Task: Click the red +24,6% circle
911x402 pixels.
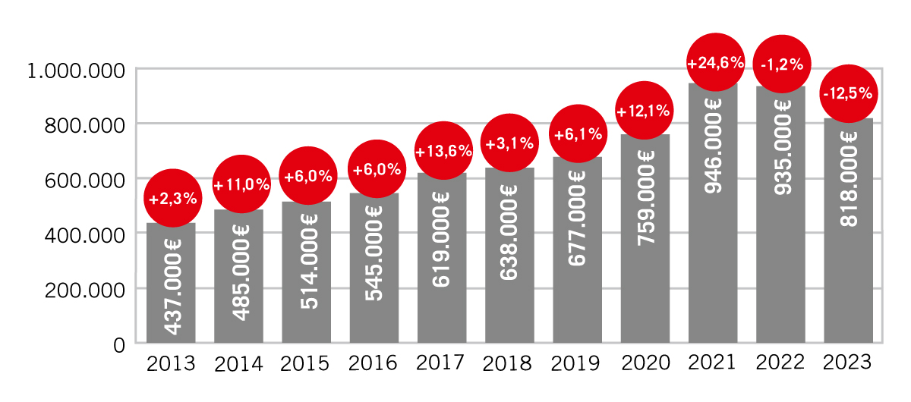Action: pyautogui.click(x=715, y=63)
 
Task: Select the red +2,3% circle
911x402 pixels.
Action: pyautogui.click(x=173, y=199)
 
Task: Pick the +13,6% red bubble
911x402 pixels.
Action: pyautogui.click(x=444, y=151)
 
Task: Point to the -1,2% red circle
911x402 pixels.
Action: pyautogui.click(x=782, y=64)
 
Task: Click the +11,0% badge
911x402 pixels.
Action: pyautogui.click(x=241, y=184)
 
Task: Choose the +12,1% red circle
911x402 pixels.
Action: pyautogui.click(x=643, y=111)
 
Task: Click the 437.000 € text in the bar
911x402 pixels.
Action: pyautogui.click(x=172, y=287)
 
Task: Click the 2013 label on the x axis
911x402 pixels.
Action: pyautogui.click(x=171, y=363)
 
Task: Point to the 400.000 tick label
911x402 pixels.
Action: pyautogui.click(x=84, y=234)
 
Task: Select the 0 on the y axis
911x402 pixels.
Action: pyautogui.click(x=119, y=345)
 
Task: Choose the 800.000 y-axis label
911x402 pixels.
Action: pyautogui.click(x=84, y=125)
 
